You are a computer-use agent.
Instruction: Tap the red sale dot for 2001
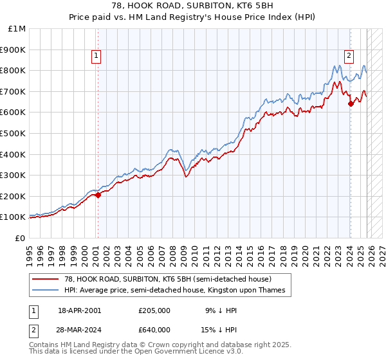pyautogui.click(x=98, y=195)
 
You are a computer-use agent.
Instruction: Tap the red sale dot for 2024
pyautogui.click(x=351, y=104)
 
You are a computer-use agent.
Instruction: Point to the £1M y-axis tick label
pyautogui.click(x=17, y=29)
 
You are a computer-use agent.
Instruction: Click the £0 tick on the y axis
pyautogui.click(x=20, y=238)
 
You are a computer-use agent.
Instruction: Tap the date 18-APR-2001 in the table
pyautogui.click(x=79, y=310)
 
